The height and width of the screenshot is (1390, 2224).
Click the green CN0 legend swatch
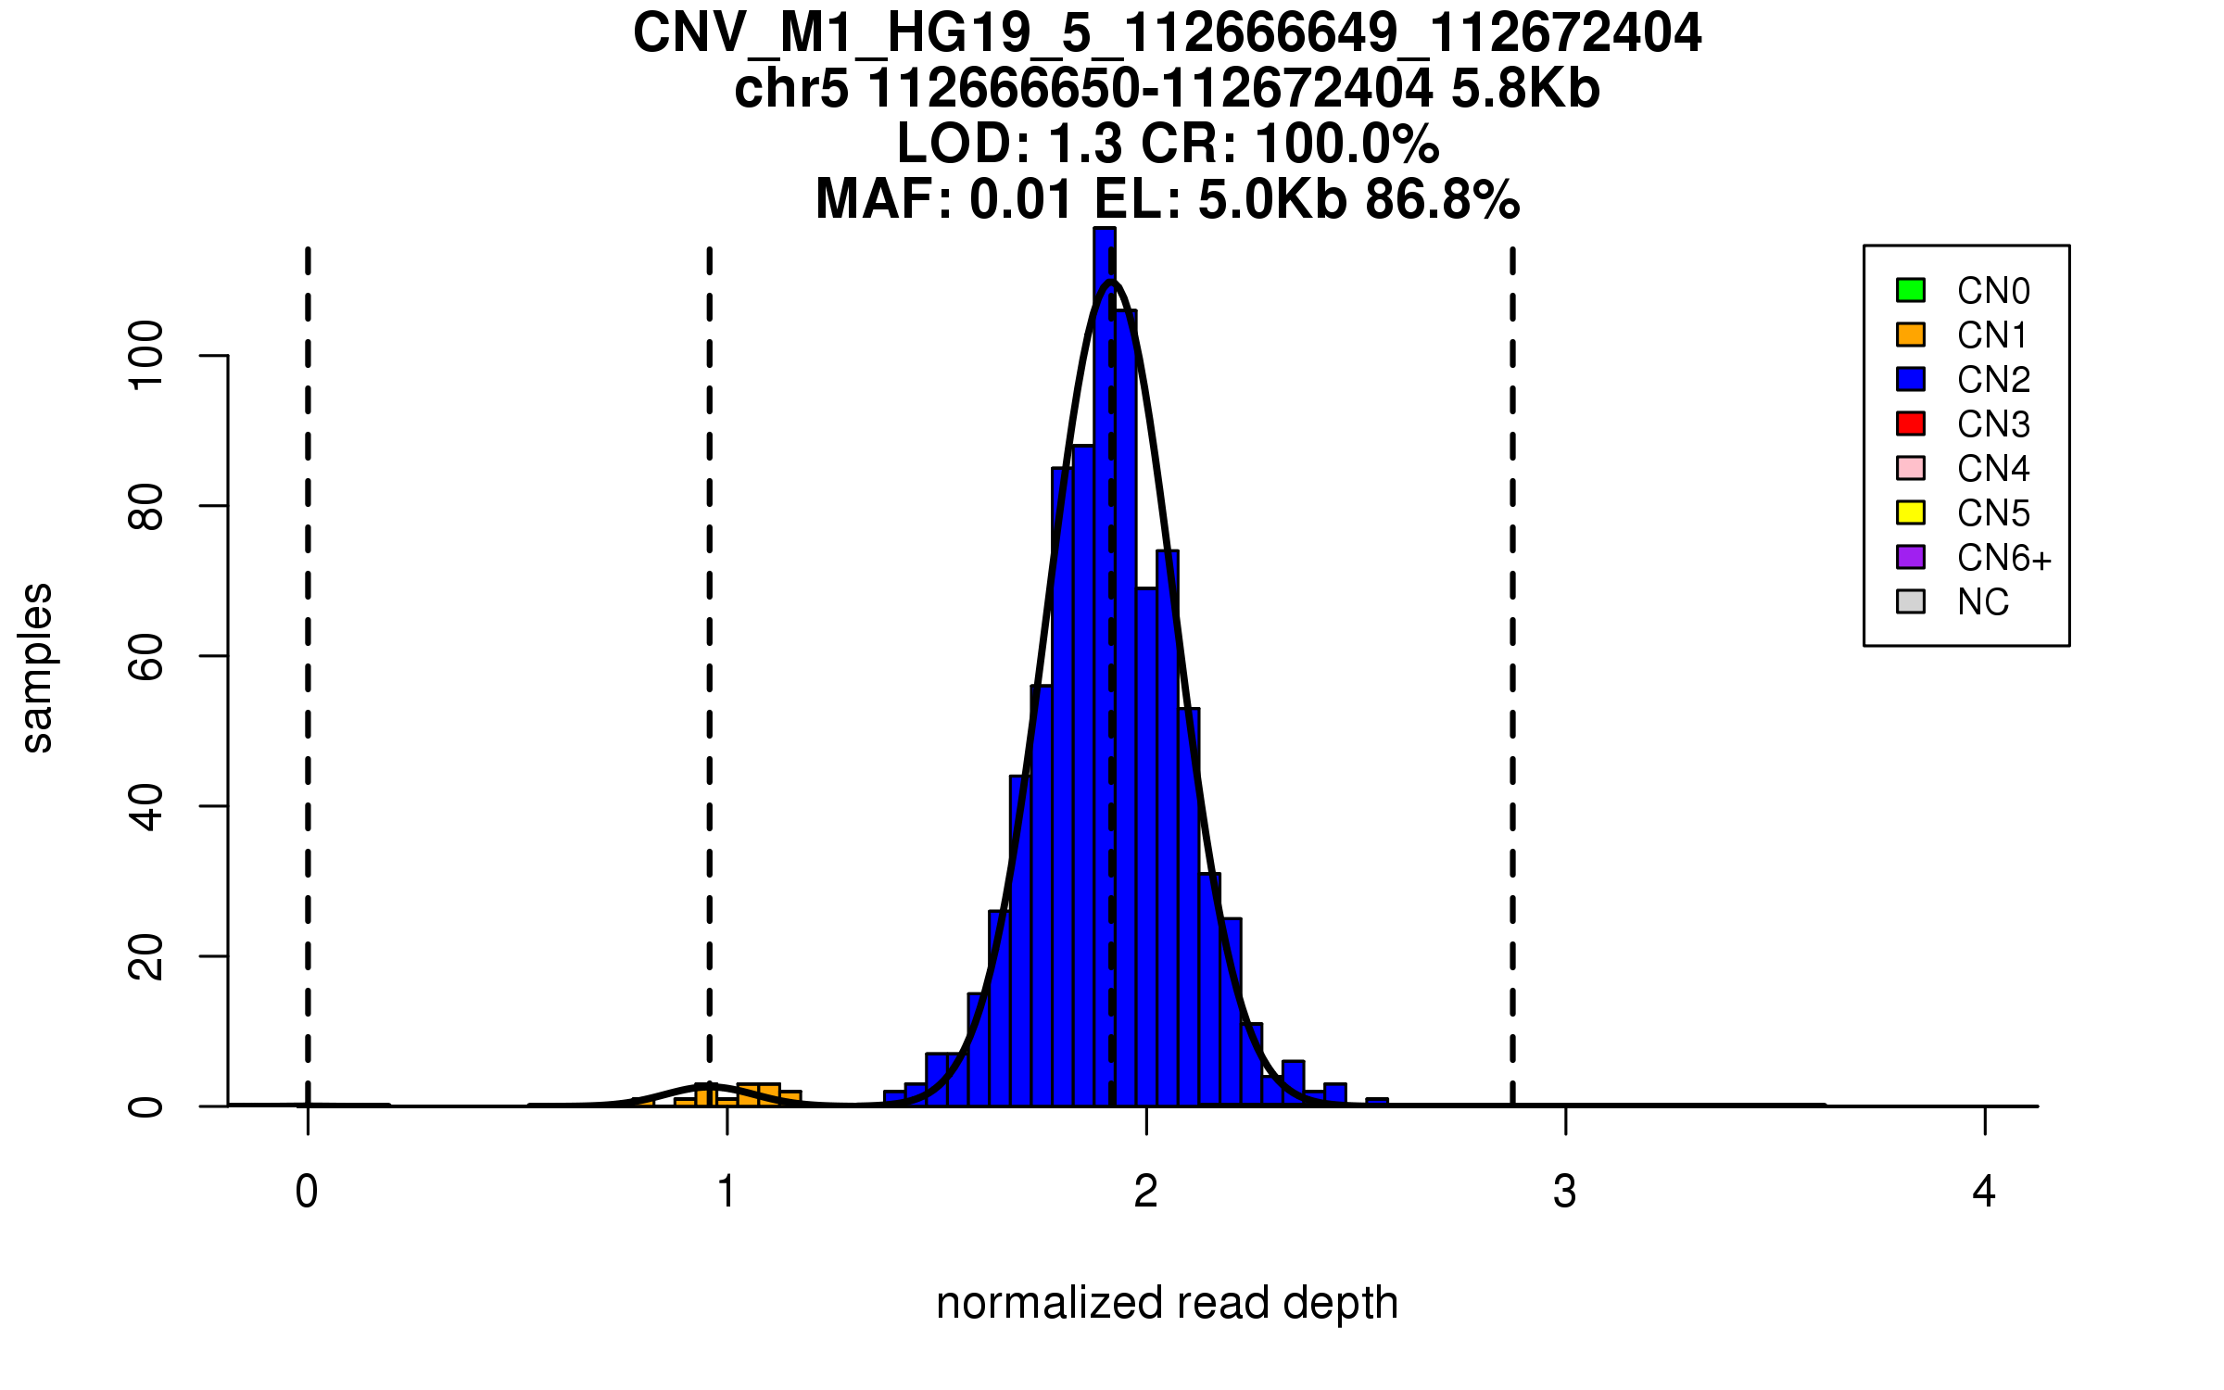pyautogui.click(x=1911, y=290)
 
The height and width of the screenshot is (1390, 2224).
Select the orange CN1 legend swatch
pyautogui.click(x=1911, y=335)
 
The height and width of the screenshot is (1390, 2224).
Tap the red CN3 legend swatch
pyautogui.click(x=1911, y=423)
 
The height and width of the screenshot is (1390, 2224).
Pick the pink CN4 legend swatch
pyautogui.click(x=1911, y=468)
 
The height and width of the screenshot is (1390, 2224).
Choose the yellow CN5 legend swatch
pyautogui.click(x=1911, y=512)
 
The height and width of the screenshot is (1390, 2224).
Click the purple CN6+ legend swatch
pyautogui.click(x=1911, y=557)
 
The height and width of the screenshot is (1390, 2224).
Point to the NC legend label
pyautogui.click(x=1982, y=602)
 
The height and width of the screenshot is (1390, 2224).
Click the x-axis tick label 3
pyautogui.click(x=1565, y=1192)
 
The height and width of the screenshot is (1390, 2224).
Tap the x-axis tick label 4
pyautogui.click(x=1984, y=1192)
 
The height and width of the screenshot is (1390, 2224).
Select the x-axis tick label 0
pyautogui.click(x=307, y=1192)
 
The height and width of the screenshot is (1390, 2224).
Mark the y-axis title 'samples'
pyautogui.click(x=37, y=668)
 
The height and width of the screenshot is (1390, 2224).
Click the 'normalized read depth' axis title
pyautogui.click(x=1167, y=1303)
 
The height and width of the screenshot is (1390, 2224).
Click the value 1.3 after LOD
pyautogui.click(x=1085, y=144)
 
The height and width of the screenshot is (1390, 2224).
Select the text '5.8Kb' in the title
pyautogui.click(x=1525, y=89)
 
